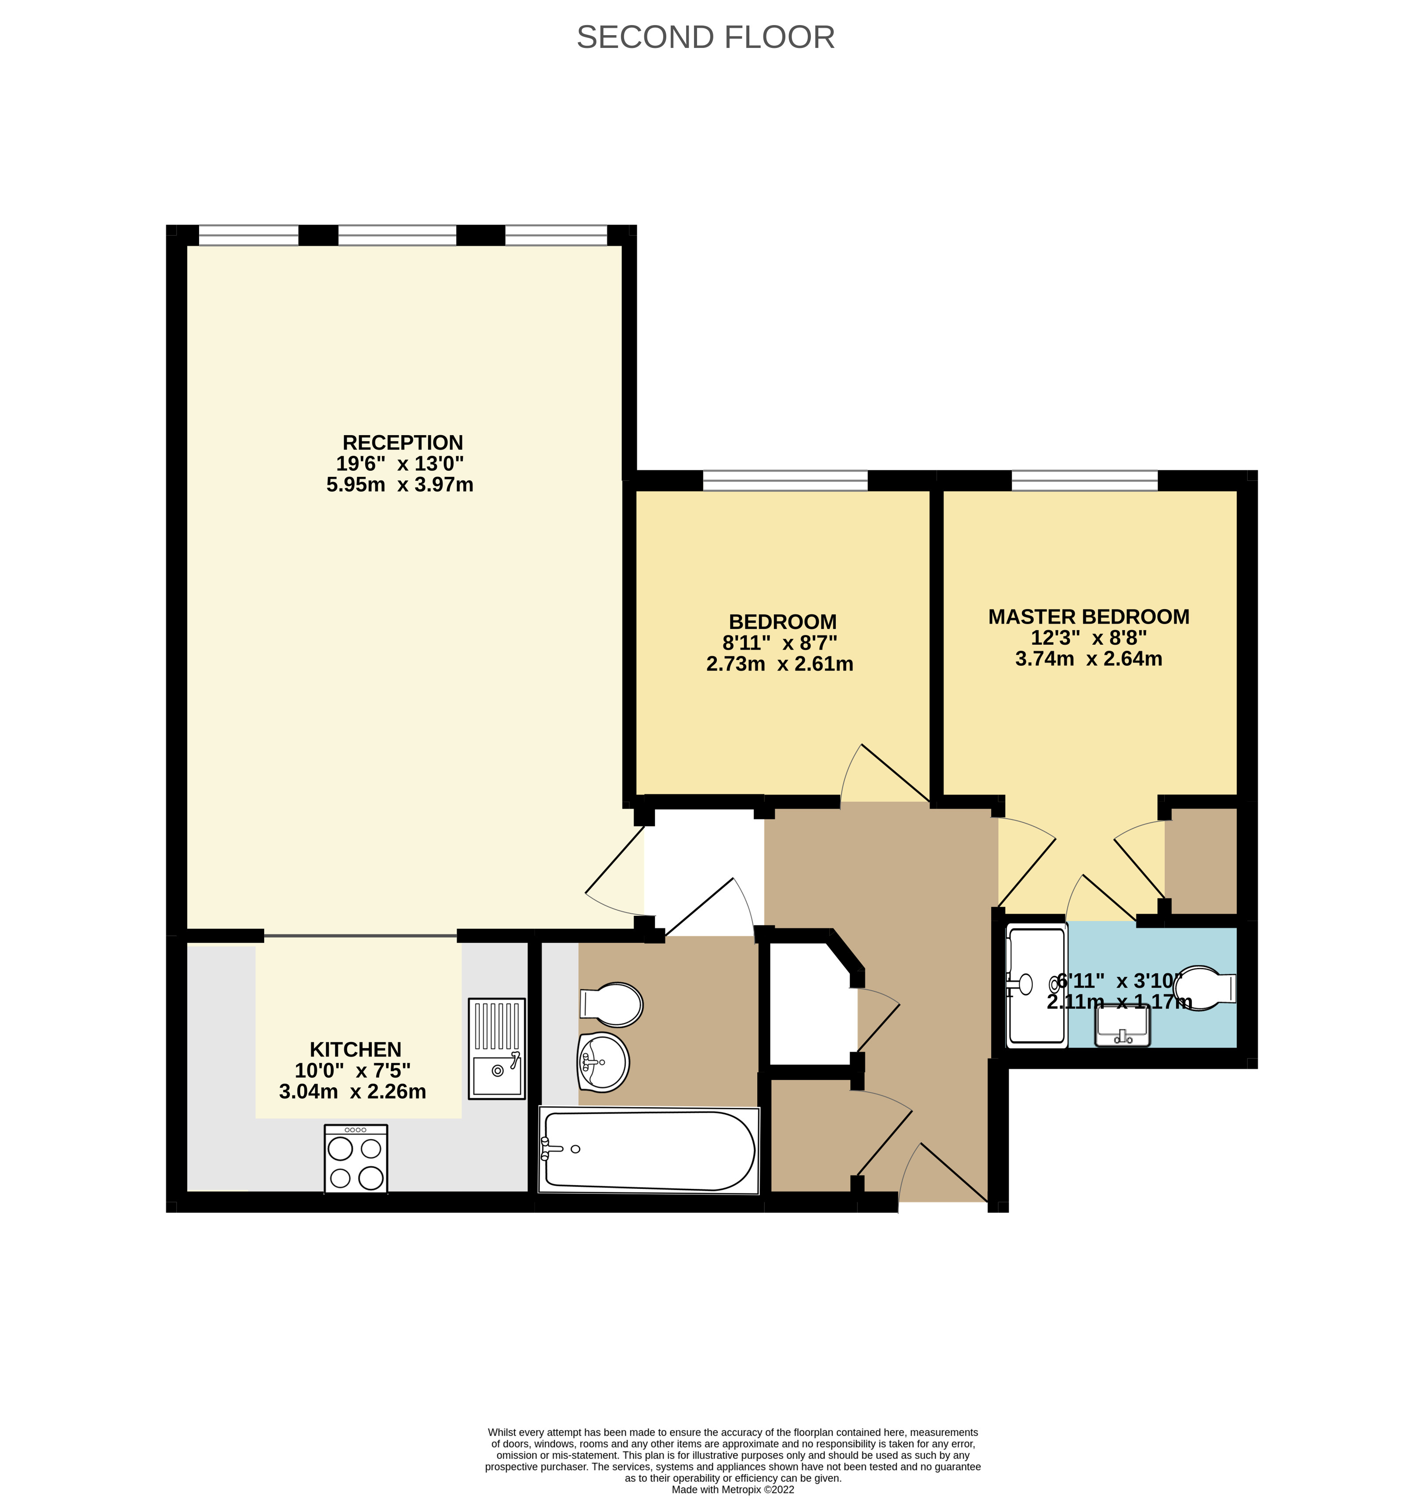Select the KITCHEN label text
[355, 1049]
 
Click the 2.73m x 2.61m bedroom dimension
[780, 664]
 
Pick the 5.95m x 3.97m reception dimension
[400, 484]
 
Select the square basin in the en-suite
[1122, 1025]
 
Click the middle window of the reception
[397, 235]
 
